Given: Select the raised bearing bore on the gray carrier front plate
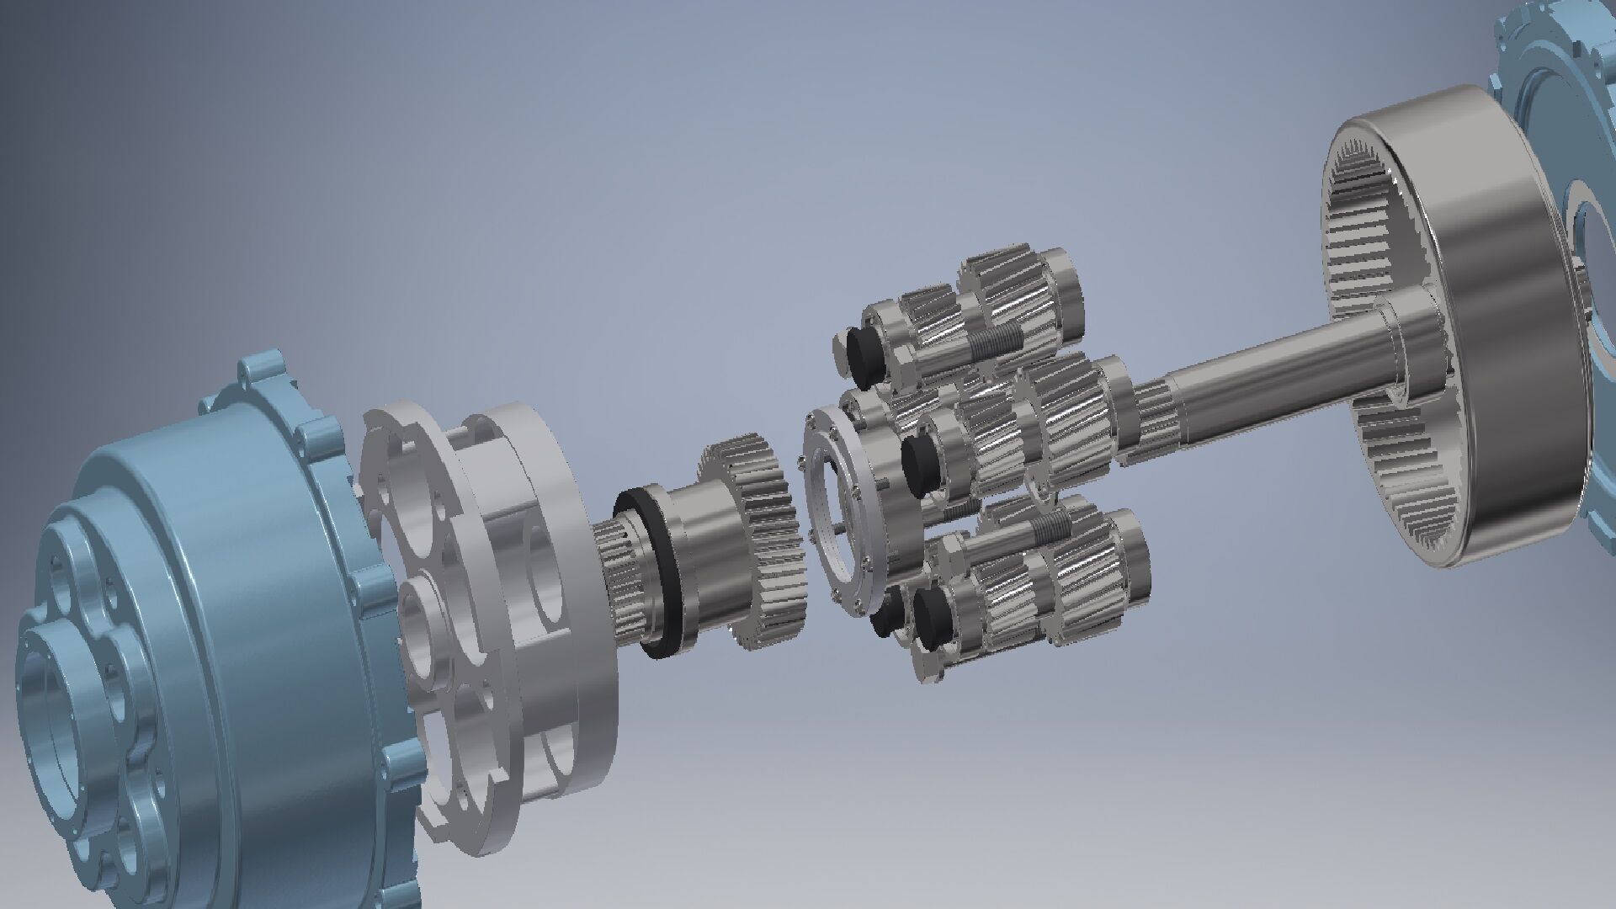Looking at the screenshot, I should pos(421,623).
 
